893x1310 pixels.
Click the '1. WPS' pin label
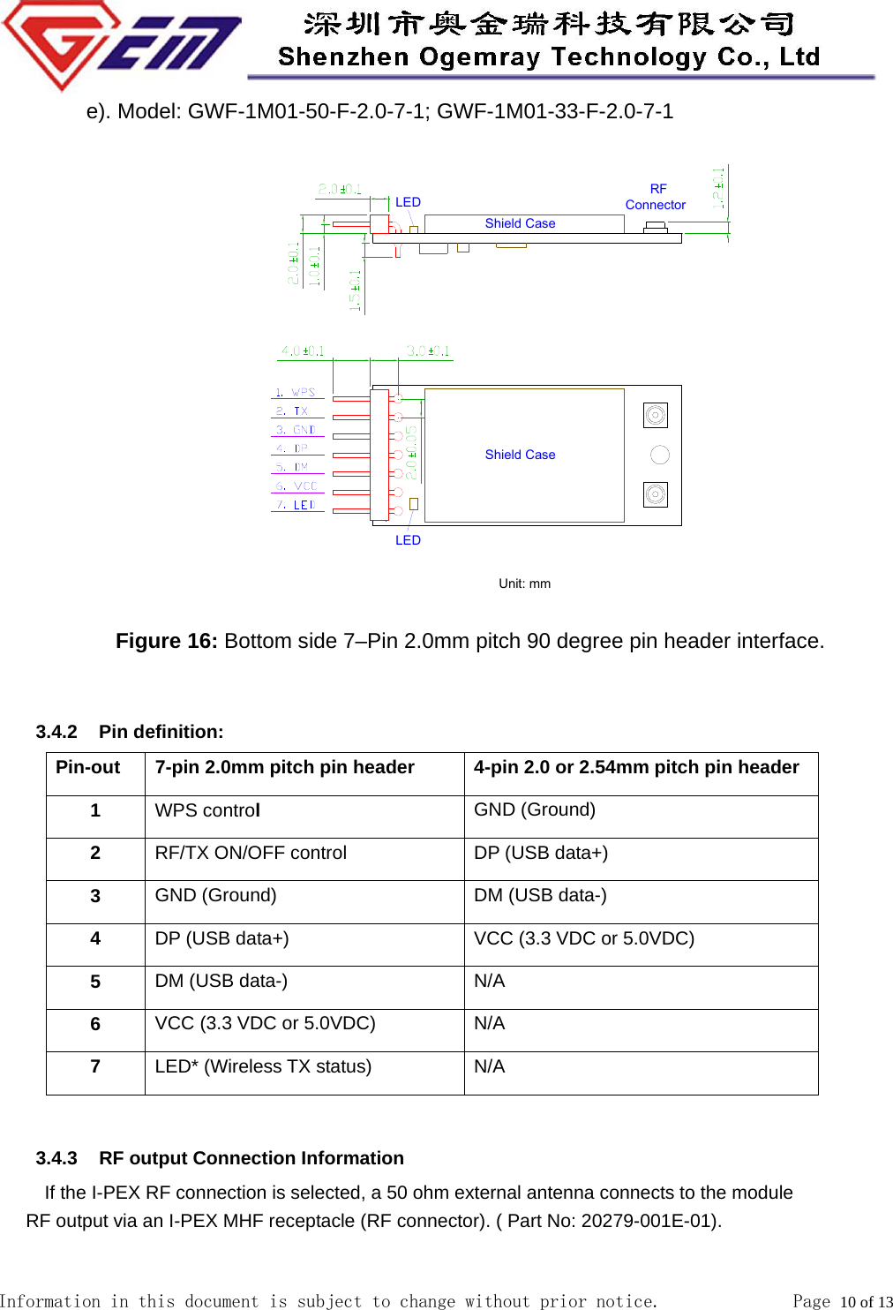(296, 392)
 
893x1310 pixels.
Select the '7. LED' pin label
(296, 505)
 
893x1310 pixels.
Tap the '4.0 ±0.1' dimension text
(303, 351)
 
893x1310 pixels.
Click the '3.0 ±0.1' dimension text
(428, 351)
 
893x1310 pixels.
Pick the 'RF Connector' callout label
(656, 197)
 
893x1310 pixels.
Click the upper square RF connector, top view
(656, 415)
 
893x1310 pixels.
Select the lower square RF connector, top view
(656, 494)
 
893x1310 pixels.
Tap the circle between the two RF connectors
(660, 455)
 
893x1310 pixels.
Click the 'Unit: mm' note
(524, 583)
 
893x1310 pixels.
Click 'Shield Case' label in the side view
(520, 223)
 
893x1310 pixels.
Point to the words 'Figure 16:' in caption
(166, 641)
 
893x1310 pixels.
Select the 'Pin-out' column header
(88, 767)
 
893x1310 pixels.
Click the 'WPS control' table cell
(207, 810)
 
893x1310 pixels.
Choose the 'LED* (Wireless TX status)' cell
(263, 1066)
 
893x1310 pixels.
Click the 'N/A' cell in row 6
(490, 1023)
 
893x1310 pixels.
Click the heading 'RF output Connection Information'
(251, 1158)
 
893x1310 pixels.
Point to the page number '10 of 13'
(867, 1301)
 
